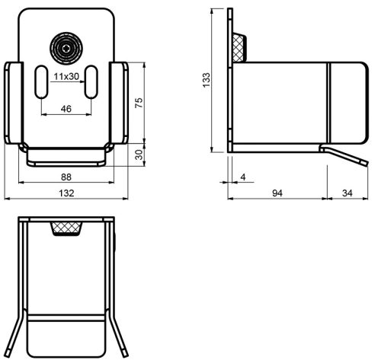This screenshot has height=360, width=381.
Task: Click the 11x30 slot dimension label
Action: pyautogui.click(x=66, y=76)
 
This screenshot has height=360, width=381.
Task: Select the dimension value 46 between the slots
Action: pyautogui.click(x=66, y=109)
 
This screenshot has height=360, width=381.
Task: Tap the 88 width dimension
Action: pyautogui.click(x=66, y=177)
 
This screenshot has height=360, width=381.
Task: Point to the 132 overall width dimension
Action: pyautogui.click(x=66, y=193)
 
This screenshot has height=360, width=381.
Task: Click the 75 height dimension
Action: pyautogui.click(x=139, y=103)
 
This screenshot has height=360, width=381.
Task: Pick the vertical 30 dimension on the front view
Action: pyautogui.click(x=139, y=155)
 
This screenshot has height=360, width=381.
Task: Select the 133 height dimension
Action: pyautogui.click(x=207, y=80)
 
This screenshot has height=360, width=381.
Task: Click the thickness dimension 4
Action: pyautogui.click(x=243, y=177)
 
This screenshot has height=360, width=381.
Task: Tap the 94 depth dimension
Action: pyautogui.click(x=277, y=193)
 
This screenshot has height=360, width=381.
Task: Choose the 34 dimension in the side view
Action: pyautogui.click(x=347, y=193)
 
